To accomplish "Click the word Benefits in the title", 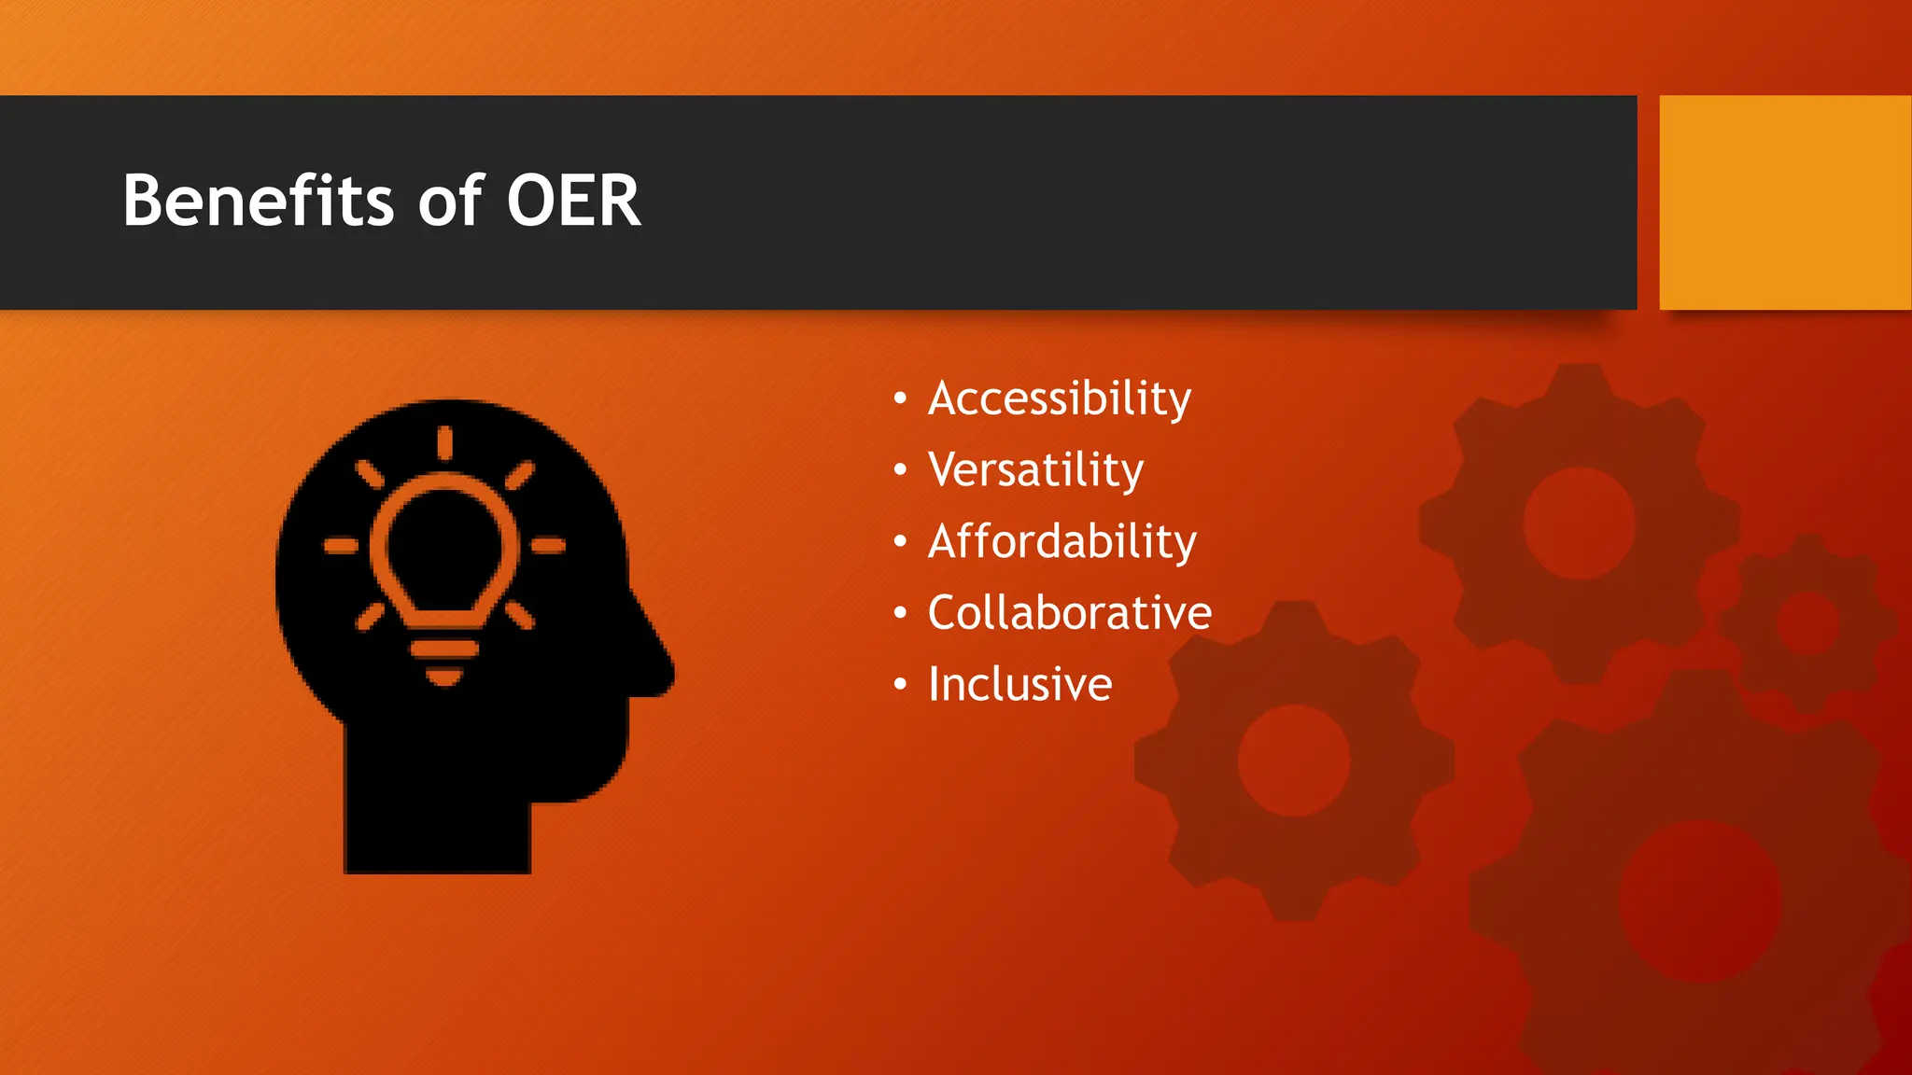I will click(258, 201).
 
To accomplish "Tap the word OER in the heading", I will click(573, 201).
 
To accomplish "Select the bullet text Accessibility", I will click(1059, 399).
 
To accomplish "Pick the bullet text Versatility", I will click(1035, 470).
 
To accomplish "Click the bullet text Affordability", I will click(1061, 542).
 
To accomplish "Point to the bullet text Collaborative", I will click(1069, 613).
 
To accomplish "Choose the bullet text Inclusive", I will click(1019, 685).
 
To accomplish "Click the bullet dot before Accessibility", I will click(900, 399).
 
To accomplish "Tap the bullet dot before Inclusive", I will click(900, 685).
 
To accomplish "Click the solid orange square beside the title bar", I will click(1784, 202).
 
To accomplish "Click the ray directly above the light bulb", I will click(444, 442).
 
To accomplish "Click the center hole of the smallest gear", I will click(1807, 623).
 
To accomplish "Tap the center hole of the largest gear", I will click(1699, 900).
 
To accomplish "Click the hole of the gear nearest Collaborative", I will click(1294, 761).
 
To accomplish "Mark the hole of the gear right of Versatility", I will click(1580, 524).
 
